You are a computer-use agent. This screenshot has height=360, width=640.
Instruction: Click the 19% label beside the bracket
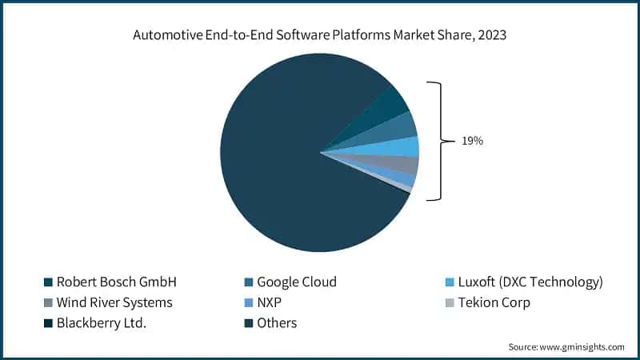(x=472, y=141)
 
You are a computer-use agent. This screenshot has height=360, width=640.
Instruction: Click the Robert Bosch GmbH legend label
(x=116, y=282)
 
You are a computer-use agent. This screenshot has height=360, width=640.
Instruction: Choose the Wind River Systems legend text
(x=114, y=302)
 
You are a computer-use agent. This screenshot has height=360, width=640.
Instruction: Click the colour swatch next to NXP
(x=250, y=303)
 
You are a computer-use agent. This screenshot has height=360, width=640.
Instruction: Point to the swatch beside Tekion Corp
(x=450, y=303)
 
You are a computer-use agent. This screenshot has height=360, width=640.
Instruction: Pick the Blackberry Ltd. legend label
(x=102, y=323)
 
